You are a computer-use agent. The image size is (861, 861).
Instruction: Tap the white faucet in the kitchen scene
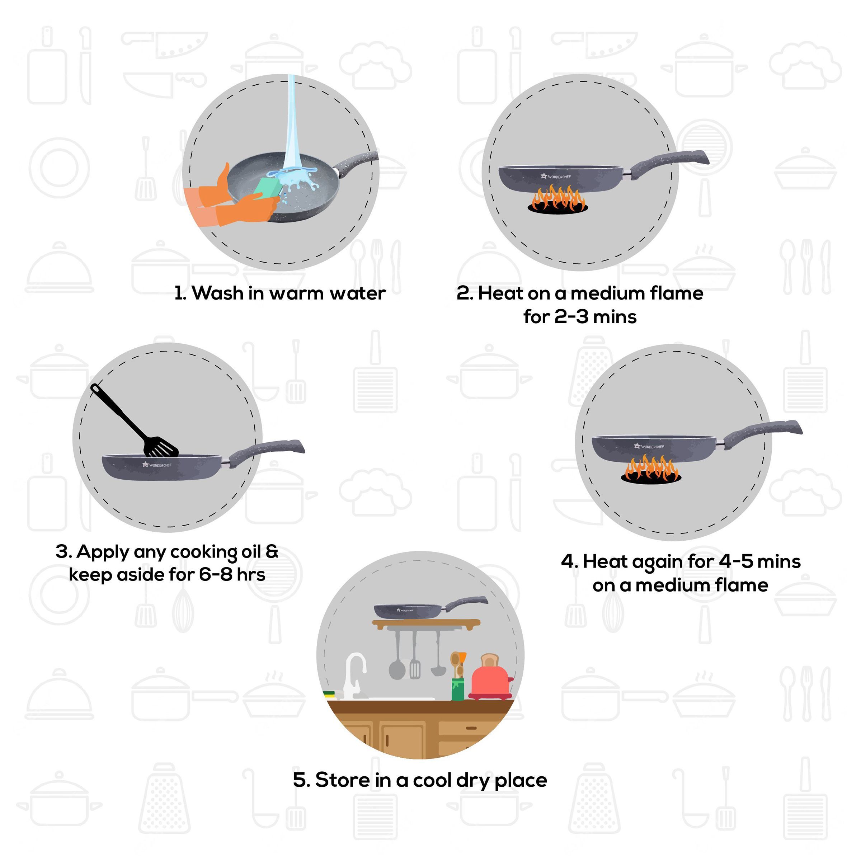(x=355, y=673)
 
